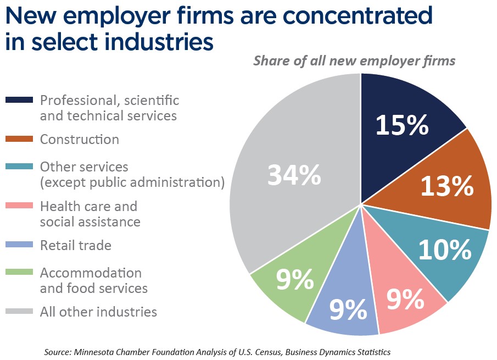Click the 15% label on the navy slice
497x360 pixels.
401,125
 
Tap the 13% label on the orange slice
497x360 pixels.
446,187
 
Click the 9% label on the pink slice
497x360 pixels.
405,300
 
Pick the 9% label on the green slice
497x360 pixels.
295,280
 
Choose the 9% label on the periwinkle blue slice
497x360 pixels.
348,311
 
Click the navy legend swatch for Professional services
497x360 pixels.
20,101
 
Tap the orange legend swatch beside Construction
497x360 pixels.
20,140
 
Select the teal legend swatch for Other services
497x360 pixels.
20,167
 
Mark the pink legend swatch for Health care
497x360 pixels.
20,206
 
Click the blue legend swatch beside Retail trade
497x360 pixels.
20,246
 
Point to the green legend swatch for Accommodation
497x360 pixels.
20,273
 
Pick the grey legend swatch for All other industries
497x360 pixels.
20,312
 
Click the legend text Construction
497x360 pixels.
80,140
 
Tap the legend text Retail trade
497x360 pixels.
76,246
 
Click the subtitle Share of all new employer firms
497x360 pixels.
354,60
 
